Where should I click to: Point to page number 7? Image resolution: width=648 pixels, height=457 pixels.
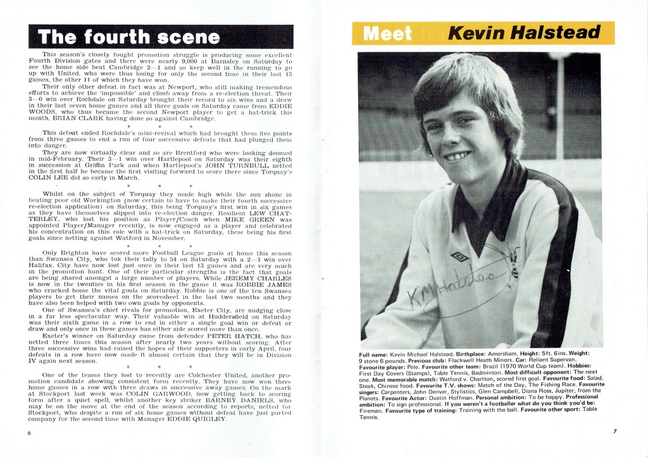point(614,432)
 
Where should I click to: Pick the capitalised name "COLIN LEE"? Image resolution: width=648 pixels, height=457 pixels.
point(52,178)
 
